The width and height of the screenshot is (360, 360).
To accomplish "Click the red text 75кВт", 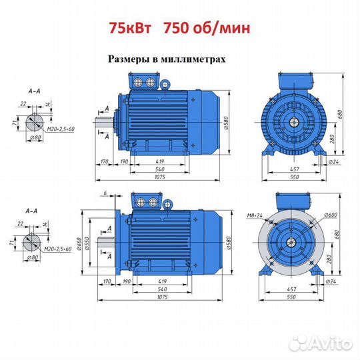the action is tap(130, 28).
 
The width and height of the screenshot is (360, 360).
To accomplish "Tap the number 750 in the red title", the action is tap(177, 28).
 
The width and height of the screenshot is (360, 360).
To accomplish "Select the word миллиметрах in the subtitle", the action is tap(193, 59).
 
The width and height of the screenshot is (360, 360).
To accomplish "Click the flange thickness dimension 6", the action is tap(105, 193).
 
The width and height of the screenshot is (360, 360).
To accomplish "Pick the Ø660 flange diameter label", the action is tap(79, 243).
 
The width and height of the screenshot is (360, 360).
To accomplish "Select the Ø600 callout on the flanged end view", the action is tap(331, 215).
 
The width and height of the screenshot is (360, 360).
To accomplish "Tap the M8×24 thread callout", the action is tap(255, 215).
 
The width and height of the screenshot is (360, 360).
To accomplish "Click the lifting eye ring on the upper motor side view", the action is tap(165, 85).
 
